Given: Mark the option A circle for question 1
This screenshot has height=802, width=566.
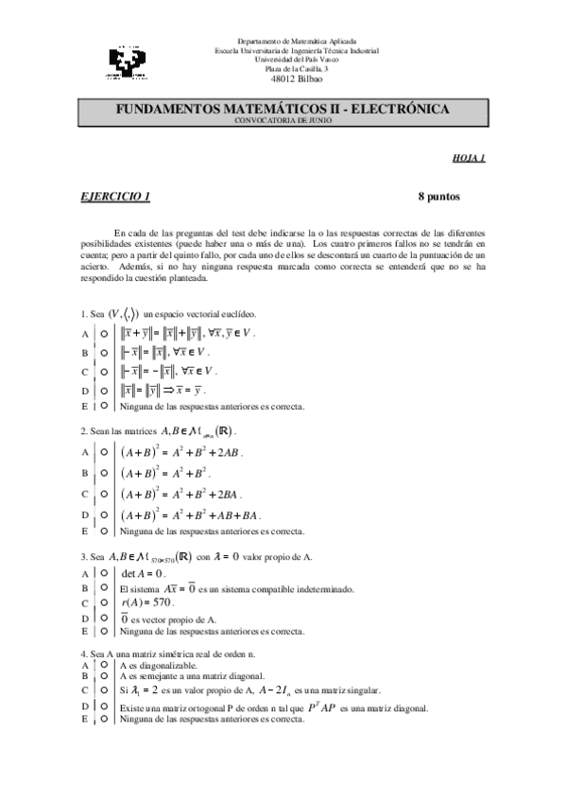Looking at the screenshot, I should (102, 334).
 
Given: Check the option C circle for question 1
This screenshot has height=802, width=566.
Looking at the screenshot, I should (102, 371).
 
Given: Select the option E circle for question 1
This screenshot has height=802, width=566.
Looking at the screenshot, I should (102, 406).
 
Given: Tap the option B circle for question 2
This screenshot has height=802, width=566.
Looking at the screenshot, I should (102, 471).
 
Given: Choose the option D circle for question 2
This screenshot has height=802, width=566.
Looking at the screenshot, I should (102, 514).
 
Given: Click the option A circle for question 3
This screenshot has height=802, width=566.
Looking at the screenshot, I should (102, 573).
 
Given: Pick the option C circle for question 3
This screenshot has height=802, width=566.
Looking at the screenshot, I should (102, 601).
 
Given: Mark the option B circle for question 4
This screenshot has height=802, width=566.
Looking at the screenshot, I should (102, 675).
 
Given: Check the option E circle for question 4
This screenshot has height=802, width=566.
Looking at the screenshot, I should (102, 719).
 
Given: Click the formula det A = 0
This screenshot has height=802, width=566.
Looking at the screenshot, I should (144, 573).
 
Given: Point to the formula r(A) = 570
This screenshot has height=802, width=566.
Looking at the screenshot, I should (149, 601).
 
